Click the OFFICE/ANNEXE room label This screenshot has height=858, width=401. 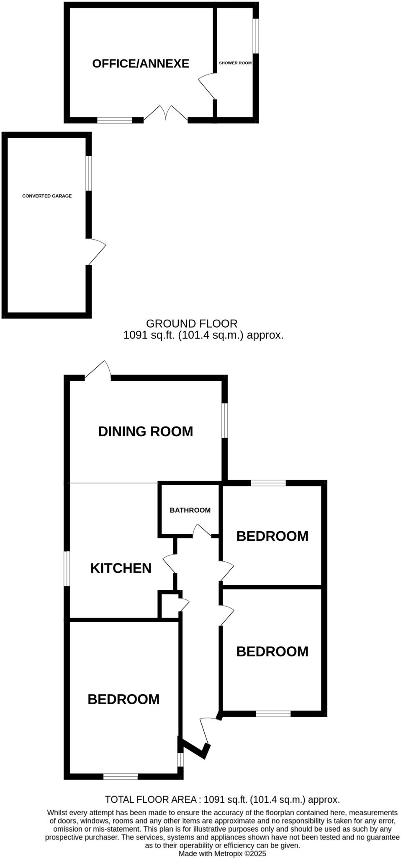(141, 64)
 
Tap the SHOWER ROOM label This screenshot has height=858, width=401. (235, 63)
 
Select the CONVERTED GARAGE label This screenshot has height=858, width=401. (47, 196)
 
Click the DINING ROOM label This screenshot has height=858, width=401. (146, 432)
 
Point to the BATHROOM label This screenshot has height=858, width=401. (190, 510)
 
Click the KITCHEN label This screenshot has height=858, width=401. (121, 569)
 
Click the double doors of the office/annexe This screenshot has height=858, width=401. (166, 114)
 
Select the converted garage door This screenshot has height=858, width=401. (96, 252)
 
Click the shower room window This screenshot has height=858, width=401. (256, 36)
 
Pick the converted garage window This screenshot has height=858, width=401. (89, 173)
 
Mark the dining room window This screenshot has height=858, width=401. (225, 421)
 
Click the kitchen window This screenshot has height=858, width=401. (67, 569)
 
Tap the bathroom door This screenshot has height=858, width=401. (202, 531)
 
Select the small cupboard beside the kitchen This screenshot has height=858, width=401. (169, 605)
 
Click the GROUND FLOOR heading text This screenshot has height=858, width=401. (192, 324)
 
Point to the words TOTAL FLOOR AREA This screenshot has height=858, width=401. (151, 799)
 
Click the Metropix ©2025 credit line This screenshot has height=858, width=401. (222, 853)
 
